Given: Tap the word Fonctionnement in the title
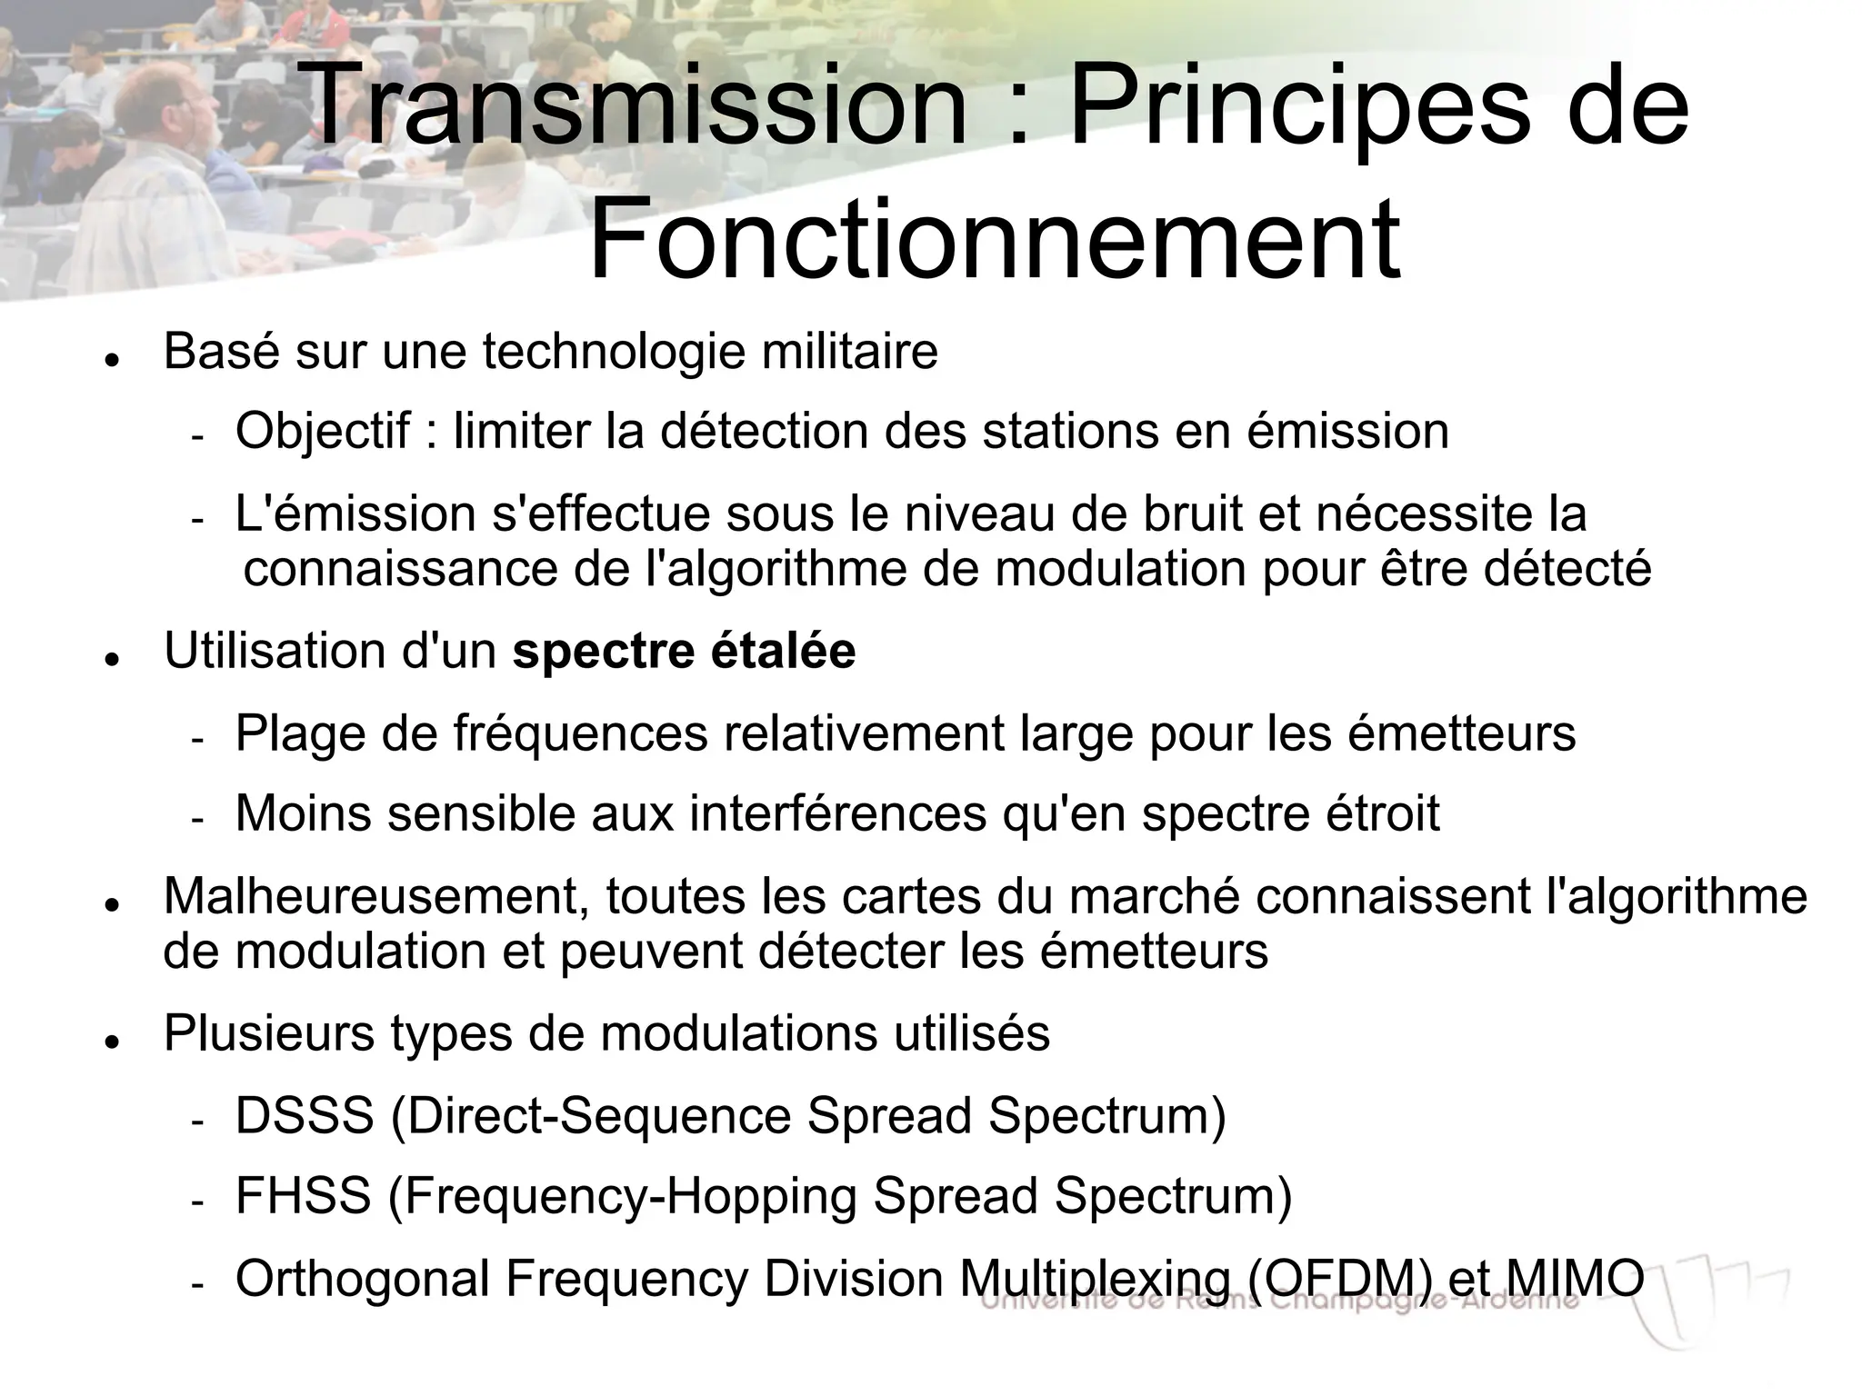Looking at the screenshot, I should (994, 238).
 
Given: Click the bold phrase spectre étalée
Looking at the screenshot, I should (684, 651).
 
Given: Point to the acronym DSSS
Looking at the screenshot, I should (305, 1115).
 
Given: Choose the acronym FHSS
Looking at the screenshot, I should (303, 1196).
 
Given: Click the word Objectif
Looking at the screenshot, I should (323, 431).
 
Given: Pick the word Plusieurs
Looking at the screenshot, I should (269, 1033).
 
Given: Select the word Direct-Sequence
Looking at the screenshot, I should (599, 1115).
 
